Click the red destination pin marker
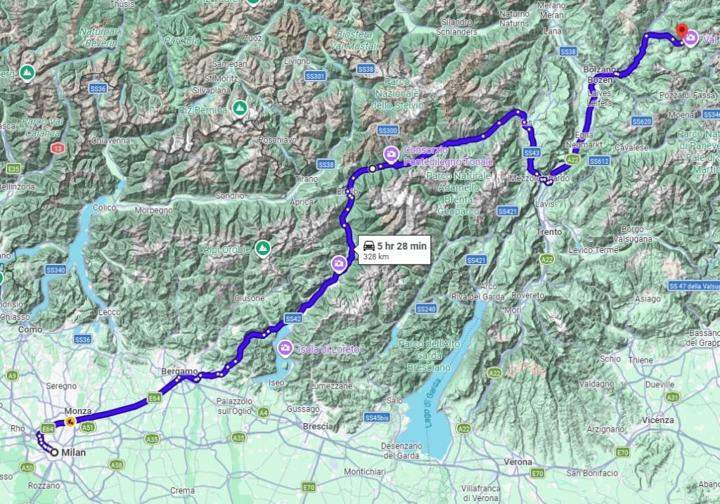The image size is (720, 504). click(x=681, y=31)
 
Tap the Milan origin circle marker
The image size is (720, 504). click(x=53, y=453)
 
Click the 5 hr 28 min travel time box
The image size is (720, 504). click(x=393, y=250)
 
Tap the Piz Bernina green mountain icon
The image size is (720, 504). click(x=239, y=109)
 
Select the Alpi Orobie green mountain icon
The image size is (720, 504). click(x=262, y=247)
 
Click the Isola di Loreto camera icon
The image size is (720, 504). click(x=285, y=347)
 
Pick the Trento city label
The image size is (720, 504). click(x=549, y=231)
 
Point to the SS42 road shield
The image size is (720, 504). click(x=294, y=318)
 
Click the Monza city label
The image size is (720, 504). click(x=58, y=411)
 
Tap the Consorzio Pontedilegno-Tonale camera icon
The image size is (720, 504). click(x=390, y=153)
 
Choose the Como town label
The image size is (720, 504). click(x=30, y=329)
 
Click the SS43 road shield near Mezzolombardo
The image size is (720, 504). click(x=532, y=153)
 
